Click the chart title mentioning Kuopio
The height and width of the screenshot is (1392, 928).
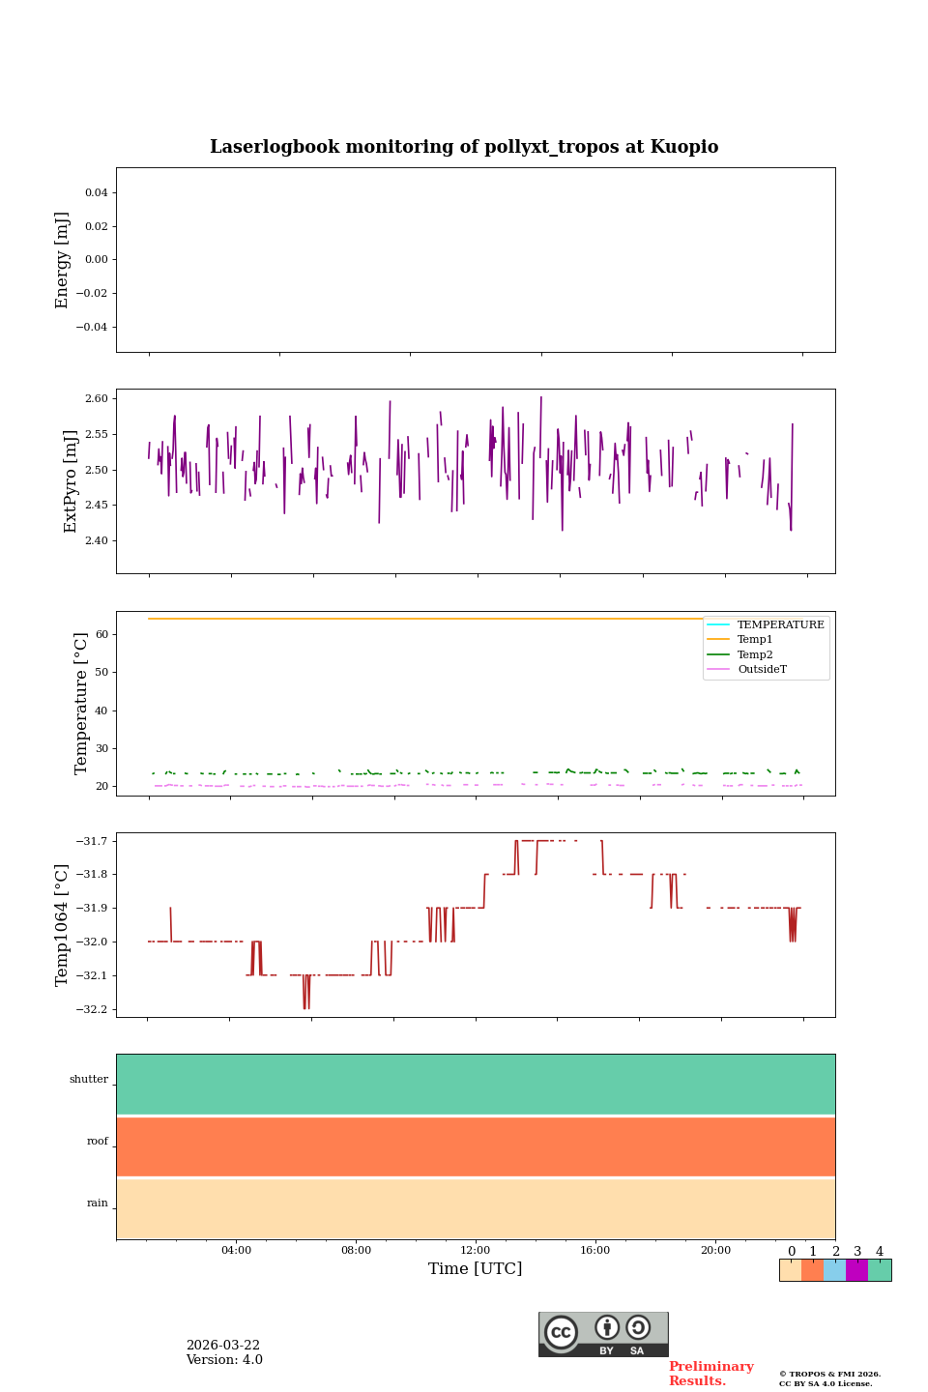(464, 147)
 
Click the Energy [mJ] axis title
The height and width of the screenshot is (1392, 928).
(63, 260)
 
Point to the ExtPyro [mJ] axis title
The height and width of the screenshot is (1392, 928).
(71, 481)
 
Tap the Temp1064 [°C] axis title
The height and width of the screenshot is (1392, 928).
(63, 925)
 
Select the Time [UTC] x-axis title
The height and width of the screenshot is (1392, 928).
(476, 1268)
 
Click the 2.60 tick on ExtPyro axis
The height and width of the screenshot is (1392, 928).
(97, 398)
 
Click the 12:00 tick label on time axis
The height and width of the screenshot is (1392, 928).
(476, 1250)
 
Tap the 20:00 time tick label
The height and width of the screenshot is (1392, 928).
(715, 1250)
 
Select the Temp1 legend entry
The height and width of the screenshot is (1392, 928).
(755, 640)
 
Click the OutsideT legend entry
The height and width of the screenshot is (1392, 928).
(762, 669)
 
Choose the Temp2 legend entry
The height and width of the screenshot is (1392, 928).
(755, 654)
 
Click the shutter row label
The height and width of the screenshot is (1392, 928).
(89, 1080)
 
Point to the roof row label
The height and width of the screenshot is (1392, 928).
(98, 1142)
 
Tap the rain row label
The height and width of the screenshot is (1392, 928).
(98, 1203)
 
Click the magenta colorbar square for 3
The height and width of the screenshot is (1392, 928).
(856, 1270)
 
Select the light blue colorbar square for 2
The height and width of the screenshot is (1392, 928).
(834, 1270)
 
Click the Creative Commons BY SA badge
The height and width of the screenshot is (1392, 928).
(603, 1334)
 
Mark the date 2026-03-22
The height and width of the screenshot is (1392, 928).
(223, 1346)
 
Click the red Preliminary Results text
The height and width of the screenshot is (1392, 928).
(710, 1374)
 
